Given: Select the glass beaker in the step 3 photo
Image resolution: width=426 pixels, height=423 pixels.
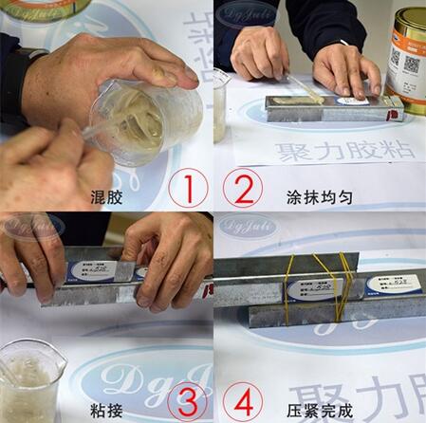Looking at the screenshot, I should [28, 379].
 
